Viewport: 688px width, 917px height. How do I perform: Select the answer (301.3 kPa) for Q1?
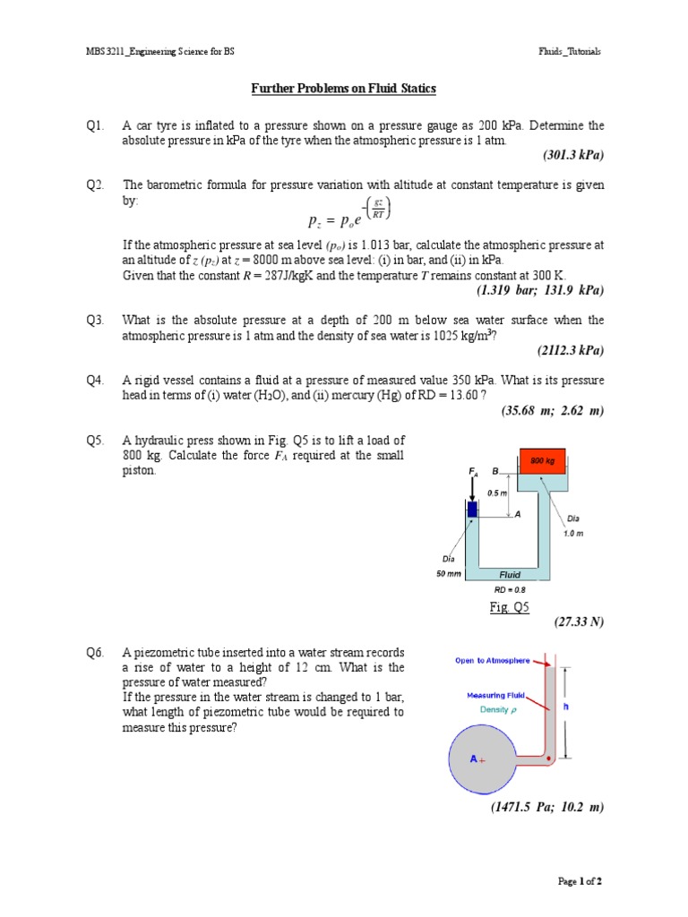[573, 155]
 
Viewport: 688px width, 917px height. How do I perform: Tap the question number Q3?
[96, 320]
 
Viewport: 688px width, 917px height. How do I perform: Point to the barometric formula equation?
[348, 215]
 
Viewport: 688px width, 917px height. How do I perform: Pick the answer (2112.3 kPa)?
[570, 350]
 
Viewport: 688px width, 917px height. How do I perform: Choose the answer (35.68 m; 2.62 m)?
[553, 410]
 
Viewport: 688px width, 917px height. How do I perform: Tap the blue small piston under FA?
[472, 510]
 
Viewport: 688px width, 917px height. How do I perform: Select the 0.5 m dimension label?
[497, 493]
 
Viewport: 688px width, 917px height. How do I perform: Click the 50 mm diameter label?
[448, 574]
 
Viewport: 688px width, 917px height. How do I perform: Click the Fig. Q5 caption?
[510, 607]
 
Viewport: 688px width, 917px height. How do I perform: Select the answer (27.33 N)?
[580, 621]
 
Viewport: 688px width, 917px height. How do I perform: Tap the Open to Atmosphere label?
[492, 661]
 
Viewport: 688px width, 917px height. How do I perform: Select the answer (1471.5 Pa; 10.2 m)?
[546, 808]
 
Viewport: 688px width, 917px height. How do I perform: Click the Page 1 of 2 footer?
[580, 881]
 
